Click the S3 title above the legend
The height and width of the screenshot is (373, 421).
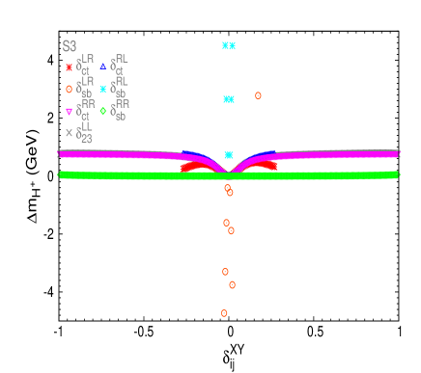70,46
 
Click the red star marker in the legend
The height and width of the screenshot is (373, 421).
69,67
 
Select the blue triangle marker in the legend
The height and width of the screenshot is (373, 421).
103,67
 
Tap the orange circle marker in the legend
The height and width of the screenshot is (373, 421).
69,89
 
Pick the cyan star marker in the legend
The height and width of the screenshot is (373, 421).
103,89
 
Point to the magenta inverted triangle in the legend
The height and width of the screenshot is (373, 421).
69,112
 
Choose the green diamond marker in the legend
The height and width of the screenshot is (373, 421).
103,111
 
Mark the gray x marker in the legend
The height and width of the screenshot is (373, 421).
69,133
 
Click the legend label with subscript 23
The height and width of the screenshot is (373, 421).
85,133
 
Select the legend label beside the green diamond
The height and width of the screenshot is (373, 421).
121,110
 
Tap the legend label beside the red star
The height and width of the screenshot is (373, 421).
85,66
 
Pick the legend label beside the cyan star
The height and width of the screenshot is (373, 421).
121,88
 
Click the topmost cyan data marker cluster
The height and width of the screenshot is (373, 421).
229,45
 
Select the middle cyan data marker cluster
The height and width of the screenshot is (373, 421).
229,98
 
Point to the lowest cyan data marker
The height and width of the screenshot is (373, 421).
229,155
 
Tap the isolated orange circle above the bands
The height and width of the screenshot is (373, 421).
258,95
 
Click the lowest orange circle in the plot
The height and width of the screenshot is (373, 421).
224,313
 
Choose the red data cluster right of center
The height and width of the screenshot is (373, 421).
266,166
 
